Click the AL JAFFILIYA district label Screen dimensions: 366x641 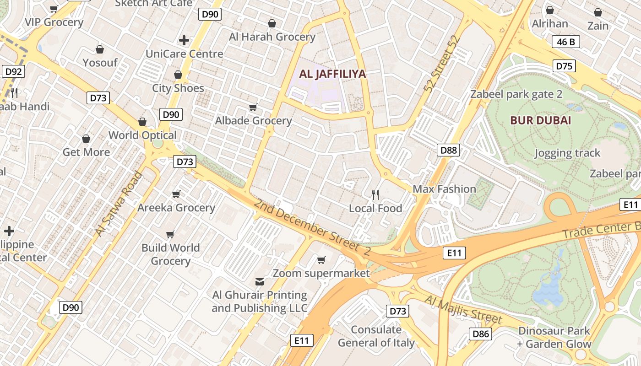pyautogui.click(x=332, y=74)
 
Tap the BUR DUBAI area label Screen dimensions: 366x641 pyautogui.click(x=541, y=121)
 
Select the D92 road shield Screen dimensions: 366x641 pyautogui.click(x=13, y=71)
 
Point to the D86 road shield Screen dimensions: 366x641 pyautogui.click(x=481, y=334)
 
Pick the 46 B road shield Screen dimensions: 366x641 pyautogui.click(x=566, y=42)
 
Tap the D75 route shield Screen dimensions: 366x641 pyautogui.click(x=564, y=66)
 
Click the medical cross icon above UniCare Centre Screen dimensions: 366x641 pyautogui.click(x=184, y=40)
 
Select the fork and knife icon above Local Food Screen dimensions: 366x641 pyautogui.click(x=375, y=195)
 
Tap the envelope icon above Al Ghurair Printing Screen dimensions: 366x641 pyautogui.click(x=260, y=281)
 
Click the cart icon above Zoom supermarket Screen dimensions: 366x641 pyautogui.click(x=321, y=260)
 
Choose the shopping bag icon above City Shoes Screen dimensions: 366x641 pyautogui.click(x=178, y=75)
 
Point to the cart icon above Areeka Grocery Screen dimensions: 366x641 pyautogui.click(x=176, y=194)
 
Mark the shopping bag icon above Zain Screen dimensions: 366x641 pyautogui.click(x=598, y=12)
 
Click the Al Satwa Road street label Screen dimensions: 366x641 pyautogui.click(x=119, y=204)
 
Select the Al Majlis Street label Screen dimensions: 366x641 pyautogui.click(x=463, y=310)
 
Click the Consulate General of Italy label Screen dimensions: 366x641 pyautogui.click(x=376, y=336)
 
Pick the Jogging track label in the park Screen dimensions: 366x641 pyautogui.click(x=567, y=153)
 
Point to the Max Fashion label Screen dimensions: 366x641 pyautogui.click(x=444, y=189)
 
